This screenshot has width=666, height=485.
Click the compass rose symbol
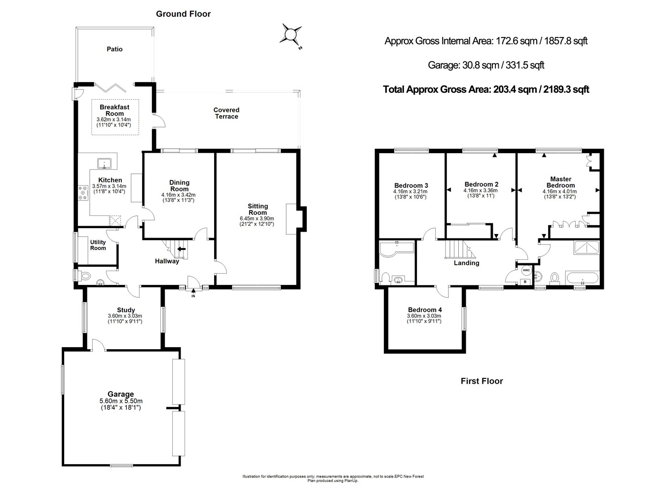(290, 35)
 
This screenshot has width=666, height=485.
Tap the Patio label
(114, 49)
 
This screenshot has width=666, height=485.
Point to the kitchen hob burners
(82, 192)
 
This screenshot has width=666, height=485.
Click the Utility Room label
(98, 245)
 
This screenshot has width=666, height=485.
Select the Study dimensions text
(125, 319)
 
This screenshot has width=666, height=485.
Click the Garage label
(121, 394)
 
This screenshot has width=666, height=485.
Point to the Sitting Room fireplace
(298, 218)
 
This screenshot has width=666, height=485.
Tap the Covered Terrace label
(226, 113)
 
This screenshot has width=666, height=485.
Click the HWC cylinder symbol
(526, 270)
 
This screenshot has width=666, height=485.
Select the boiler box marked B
(525, 282)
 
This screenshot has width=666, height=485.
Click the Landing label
(466, 263)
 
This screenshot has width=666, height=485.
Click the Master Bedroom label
(560, 182)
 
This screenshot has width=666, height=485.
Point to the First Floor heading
(481, 381)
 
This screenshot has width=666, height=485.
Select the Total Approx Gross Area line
(486, 89)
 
